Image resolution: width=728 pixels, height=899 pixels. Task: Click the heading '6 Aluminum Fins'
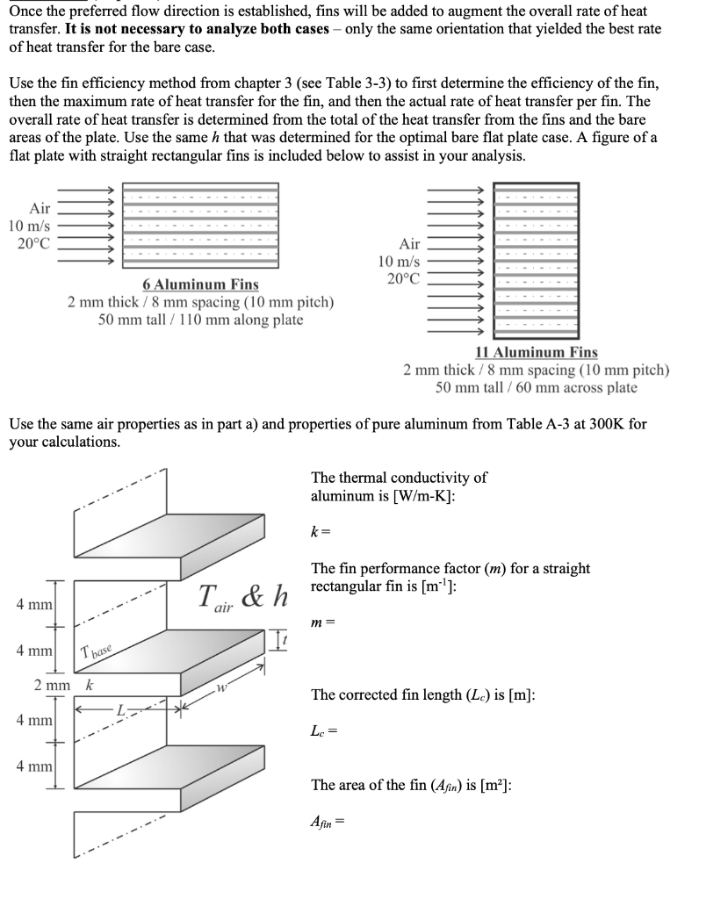tap(200, 284)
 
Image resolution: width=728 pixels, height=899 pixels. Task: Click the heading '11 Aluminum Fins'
tap(536, 352)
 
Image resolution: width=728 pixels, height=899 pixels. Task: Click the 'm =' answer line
tap(322, 622)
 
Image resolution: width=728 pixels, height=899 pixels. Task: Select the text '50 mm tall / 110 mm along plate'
tap(200, 320)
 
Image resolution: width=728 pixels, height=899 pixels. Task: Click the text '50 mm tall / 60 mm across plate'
tap(536, 387)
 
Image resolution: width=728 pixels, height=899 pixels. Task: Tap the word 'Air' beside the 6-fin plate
tap(40, 208)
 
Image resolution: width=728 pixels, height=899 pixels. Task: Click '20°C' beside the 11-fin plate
tap(404, 279)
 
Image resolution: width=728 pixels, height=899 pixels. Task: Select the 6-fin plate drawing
tap(200, 226)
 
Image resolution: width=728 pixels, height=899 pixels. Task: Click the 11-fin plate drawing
tap(536, 260)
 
